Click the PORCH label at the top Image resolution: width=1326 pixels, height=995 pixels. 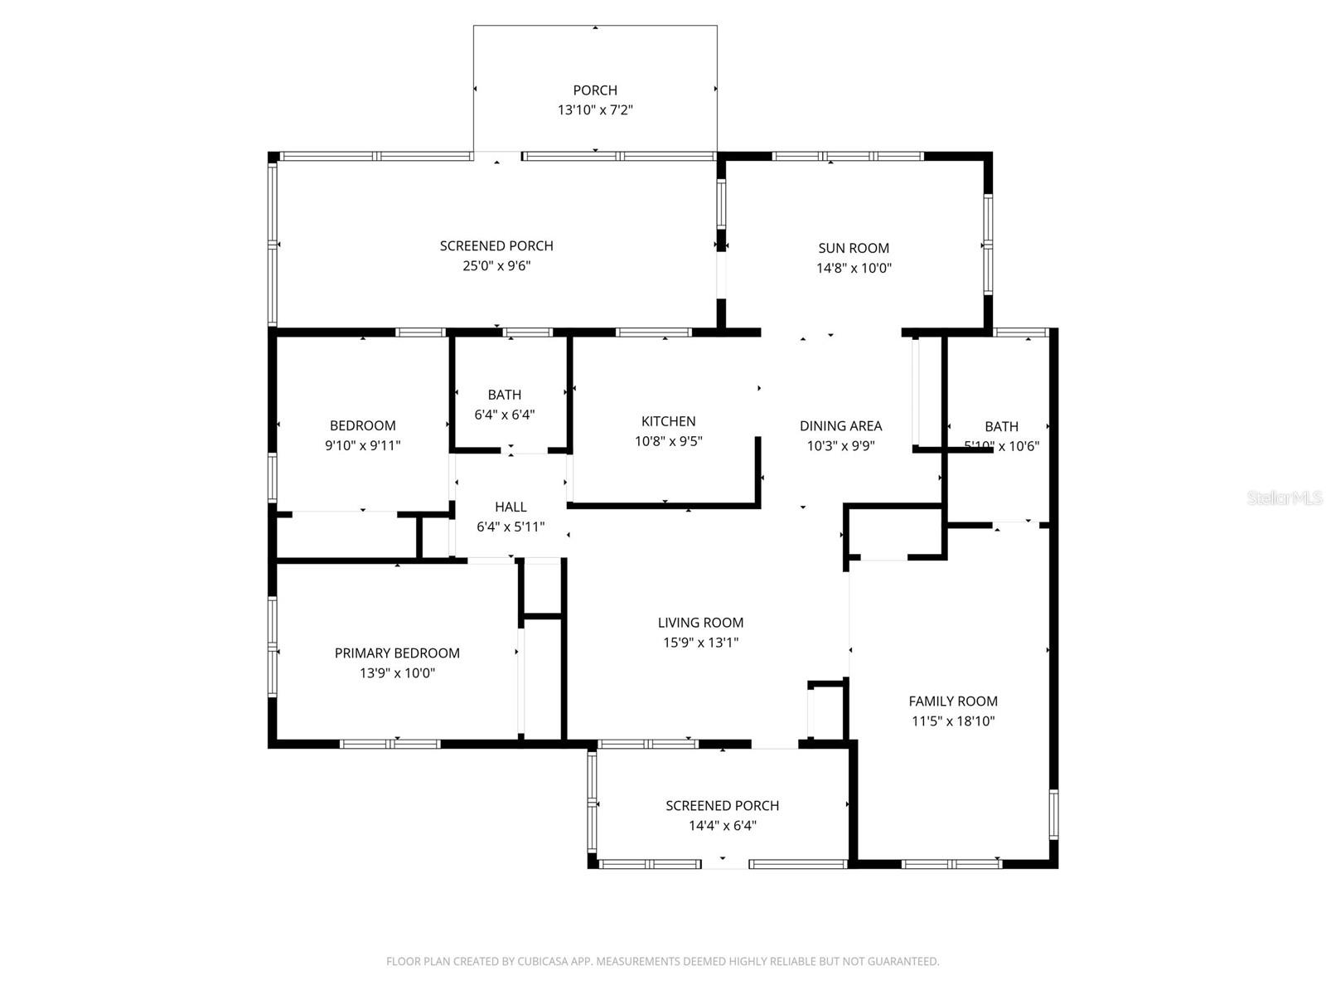(595, 90)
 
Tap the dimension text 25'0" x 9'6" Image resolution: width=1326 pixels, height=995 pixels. (496, 266)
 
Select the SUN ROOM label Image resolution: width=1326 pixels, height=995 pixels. (854, 248)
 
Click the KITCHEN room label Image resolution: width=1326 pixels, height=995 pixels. (668, 421)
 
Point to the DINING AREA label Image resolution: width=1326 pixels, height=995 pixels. (840, 426)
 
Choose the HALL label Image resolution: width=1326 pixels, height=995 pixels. (511, 507)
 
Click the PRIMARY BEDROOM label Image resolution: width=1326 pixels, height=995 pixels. (397, 653)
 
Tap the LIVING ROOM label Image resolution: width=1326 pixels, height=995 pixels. (700, 623)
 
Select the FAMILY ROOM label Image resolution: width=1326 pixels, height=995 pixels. (953, 701)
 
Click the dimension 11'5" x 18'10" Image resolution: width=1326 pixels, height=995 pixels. (953, 721)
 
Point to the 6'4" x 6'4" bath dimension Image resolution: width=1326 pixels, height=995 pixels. (505, 415)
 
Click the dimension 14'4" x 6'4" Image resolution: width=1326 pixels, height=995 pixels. (723, 826)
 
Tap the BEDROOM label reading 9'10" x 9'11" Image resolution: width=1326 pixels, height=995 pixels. (363, 426)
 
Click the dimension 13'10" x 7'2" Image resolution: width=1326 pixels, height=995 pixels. (595, 110)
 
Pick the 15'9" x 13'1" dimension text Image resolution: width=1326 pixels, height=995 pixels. (700, 643)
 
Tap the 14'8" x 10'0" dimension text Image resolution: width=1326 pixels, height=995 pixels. (854, 268)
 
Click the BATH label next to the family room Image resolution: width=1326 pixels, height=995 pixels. (1001, 427)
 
